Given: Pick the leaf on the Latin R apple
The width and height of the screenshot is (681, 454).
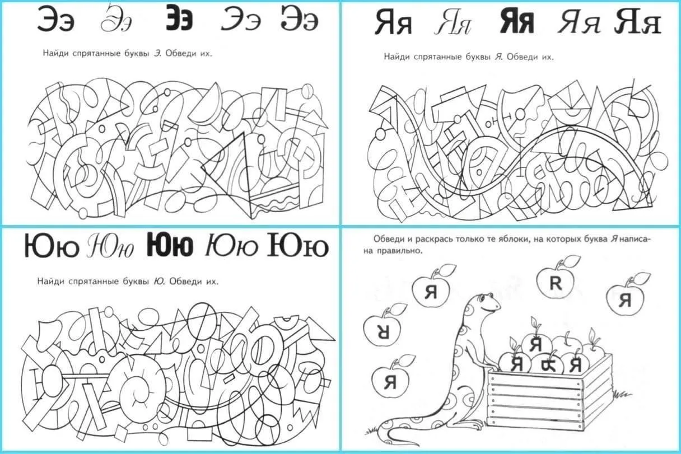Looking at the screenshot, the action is click(571, 261).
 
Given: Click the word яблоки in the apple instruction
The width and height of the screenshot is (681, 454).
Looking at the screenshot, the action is click(515, 239).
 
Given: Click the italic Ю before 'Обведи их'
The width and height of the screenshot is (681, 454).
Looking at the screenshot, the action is click(158, 282).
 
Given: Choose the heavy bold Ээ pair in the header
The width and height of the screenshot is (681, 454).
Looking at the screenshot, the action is click(179, 18).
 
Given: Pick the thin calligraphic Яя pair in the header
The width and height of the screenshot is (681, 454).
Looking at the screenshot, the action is click(453, 21).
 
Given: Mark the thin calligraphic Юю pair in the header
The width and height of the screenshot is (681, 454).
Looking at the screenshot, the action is click(110, 246).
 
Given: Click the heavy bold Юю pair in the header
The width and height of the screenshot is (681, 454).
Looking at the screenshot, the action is click(170, 244).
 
